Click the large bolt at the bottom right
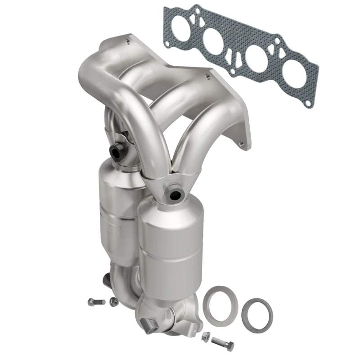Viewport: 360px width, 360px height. point(222,344)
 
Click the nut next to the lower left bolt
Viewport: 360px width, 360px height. point(114,301)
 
